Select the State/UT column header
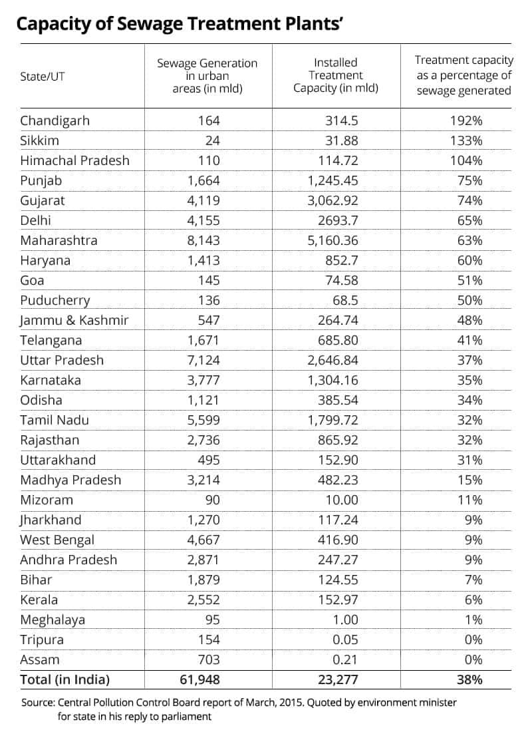click(43, 77)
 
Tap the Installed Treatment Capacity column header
click(336, 76)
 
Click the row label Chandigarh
click(55, 120)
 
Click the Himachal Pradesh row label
click(74, 160)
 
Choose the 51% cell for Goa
click(468, 280)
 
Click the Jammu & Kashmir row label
click(74, 320)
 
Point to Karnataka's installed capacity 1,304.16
click(335, 380)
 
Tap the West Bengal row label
click(57, 540)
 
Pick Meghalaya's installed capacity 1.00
click(344, 620)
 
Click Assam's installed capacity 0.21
click(344, 659)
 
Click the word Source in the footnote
click(38, 702)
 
